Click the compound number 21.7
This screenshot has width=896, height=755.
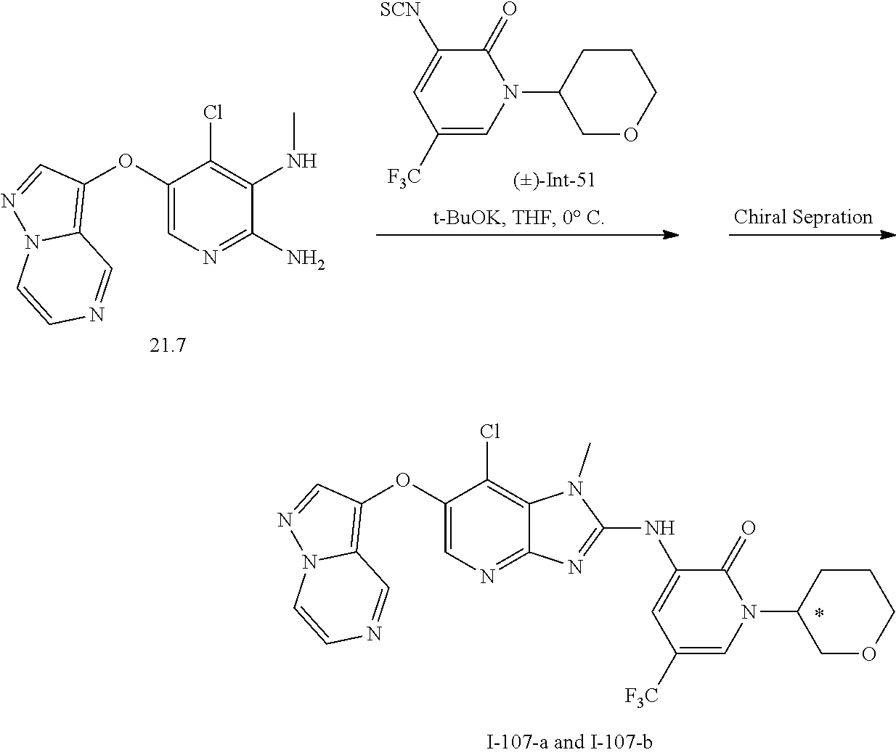click(x=168, y=346)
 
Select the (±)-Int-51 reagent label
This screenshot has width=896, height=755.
click(x=554, y=179)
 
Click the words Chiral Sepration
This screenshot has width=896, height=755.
click(x=803, y=216)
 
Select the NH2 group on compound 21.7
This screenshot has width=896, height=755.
click(x=306, y=259)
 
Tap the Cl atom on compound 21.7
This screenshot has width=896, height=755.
click(x=212, y=112)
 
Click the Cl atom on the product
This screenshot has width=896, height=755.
click(x=491, y=432)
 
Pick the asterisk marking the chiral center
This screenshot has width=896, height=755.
click(x=819, y=614)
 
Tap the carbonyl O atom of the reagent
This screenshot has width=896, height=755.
click(x=510, y=10)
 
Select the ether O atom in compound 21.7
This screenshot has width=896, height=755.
click(x=126, y=159)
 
